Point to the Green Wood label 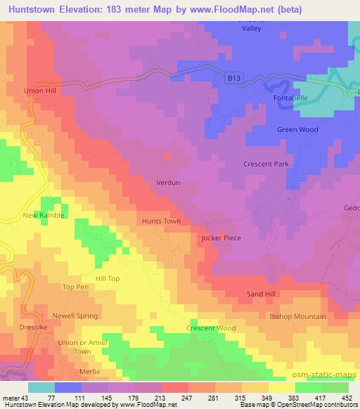[297, 130]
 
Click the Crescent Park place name [266, 164]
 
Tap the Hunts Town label [162, 221]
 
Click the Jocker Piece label [221, 238]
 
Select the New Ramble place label [44, 215]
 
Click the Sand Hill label [264, 293]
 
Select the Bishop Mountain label [297, 317]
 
